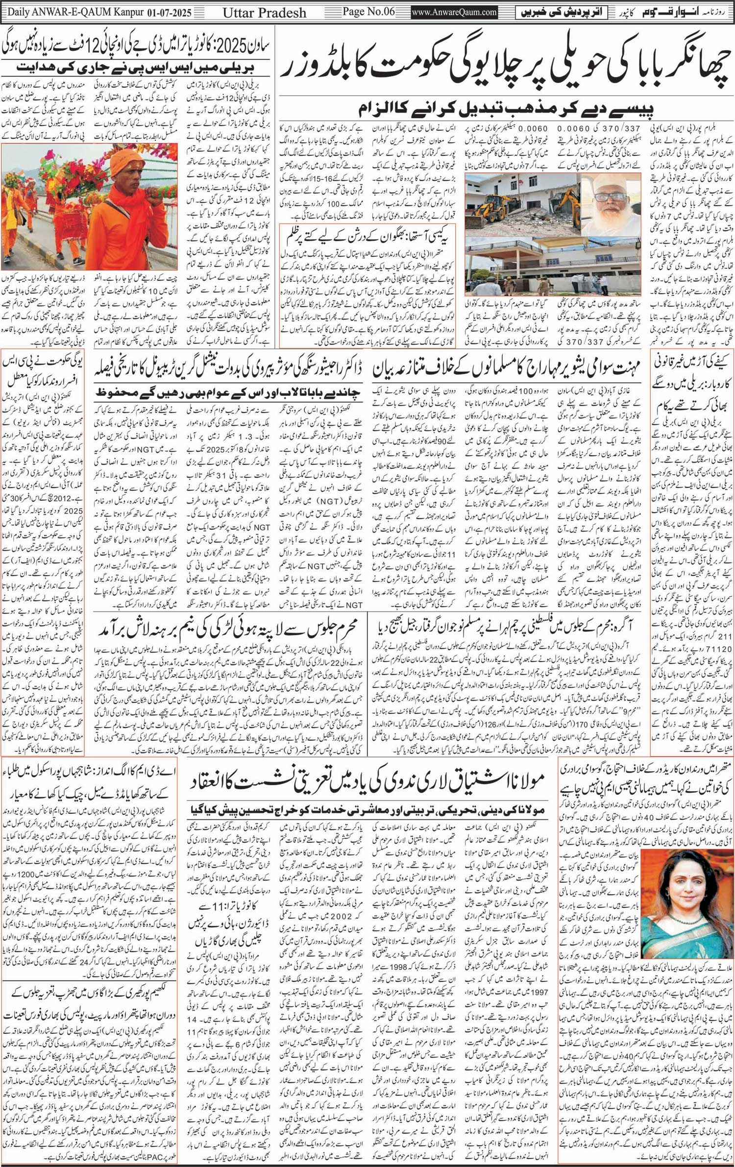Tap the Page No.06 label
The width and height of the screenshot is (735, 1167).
(368, 12)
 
